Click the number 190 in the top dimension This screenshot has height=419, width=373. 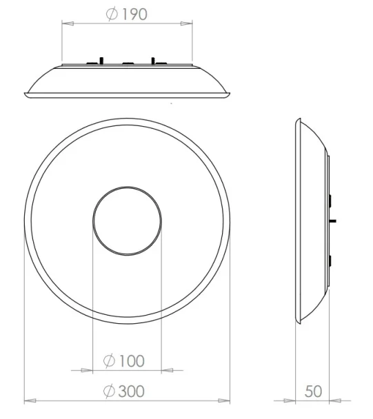(135, 14)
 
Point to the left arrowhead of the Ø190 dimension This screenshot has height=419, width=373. (67, 23)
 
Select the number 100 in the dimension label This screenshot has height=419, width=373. (132, 360)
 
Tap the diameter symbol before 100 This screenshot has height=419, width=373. (109, 360)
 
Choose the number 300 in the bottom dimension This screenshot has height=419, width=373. (132, 391)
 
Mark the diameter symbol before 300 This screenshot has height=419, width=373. (109, 391)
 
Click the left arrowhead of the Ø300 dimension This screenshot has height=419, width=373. (29, 400)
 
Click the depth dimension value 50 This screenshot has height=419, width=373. (313, 391)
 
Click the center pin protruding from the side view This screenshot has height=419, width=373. (334, 221)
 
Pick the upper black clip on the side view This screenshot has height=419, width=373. (331, 201)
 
